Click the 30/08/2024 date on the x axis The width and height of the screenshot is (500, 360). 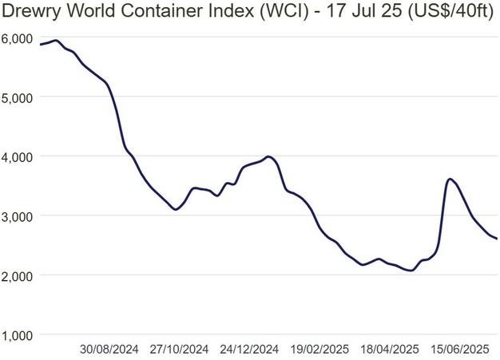click(109, 350)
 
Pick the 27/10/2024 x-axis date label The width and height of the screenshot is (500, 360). click(180, 350)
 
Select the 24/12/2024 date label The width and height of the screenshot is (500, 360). click(249, 350)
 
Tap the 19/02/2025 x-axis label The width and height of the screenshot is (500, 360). click(319, 350)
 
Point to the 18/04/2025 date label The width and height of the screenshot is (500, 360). click(389, 350)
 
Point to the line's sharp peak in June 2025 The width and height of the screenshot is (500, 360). click(450, 179)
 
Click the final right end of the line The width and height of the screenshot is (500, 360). click(497, 238)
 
